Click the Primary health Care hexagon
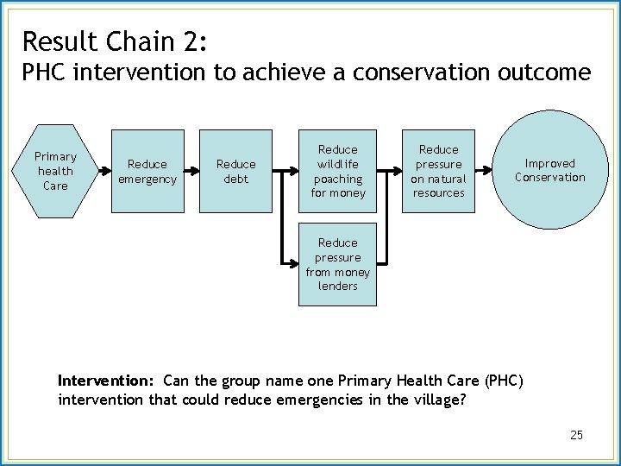click(x=55, y=171)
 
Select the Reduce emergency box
click(x=147, y=171)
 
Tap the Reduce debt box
click(x=235, y=171)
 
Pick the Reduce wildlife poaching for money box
click(x=337, y=171)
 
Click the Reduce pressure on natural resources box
click(x=438, y=171)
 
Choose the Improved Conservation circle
click(x=549, y=171)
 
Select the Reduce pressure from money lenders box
click(x=337, y=265)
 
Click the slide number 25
click(x=576, y=435)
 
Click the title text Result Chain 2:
click(x=114, y=41)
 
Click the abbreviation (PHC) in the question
click(x=503, y=381)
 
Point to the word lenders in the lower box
click(x=337, y=287)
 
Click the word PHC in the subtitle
click(x=45, y=72)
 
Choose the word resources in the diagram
click(x=438, y=193)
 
